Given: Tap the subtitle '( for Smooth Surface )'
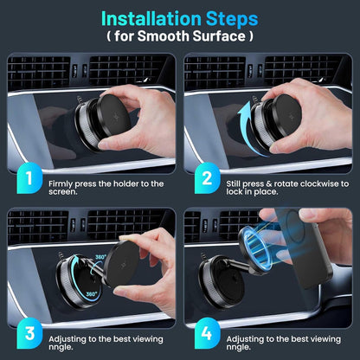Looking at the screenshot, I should coord(180,37).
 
